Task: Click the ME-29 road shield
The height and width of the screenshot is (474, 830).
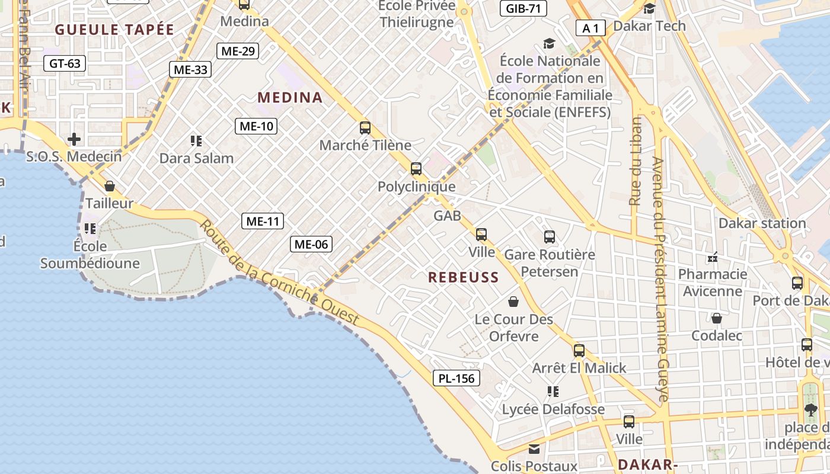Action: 238,51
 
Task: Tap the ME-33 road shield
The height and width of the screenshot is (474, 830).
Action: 191,69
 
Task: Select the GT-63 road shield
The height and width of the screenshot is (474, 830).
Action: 65,63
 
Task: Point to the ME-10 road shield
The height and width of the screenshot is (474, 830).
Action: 257,126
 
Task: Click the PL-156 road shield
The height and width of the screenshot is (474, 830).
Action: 456,378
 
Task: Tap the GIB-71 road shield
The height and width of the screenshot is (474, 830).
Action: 523,8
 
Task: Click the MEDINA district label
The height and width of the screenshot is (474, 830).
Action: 290,98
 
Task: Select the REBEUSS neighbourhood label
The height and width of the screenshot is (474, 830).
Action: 464,277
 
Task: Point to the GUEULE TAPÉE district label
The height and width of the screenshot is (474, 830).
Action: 115,30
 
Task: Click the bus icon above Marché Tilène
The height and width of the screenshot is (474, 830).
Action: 365,127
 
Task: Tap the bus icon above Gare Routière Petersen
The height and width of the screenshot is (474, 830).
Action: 550,237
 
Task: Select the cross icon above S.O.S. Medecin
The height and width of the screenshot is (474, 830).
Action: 74,139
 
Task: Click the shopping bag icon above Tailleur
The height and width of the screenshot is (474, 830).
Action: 110,186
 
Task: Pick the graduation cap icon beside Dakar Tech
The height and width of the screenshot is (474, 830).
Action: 650,8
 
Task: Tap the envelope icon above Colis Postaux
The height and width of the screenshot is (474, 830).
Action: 534,449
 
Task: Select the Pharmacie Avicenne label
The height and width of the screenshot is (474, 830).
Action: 713,283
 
